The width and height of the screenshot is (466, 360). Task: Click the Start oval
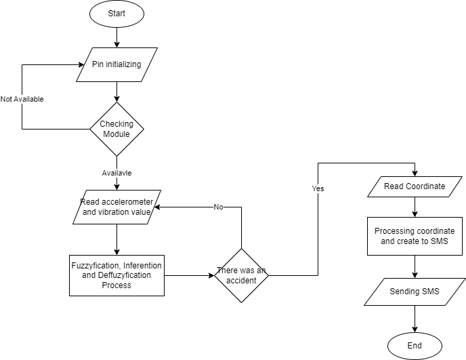tap(116, 14)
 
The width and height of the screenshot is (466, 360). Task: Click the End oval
tap(415, 346)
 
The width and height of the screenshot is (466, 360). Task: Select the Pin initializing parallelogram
tap(117, 64)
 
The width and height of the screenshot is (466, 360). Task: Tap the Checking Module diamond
tap(116, 129)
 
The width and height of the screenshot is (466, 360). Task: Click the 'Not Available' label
tap(22, 99)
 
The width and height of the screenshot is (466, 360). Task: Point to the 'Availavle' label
tap(116, 173)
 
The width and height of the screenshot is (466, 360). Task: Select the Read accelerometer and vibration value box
tap(116, 207)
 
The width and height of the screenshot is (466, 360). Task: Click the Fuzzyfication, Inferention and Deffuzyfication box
tap(116, 275)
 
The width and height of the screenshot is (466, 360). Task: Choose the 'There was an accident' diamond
tap(242, 275)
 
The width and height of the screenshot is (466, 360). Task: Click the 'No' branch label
tap(218, 207)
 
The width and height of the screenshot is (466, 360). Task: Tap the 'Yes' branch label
tap(318, 188)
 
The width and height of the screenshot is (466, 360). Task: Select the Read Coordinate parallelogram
tap(415, 187)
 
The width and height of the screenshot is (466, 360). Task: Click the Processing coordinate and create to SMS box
tap(415, 236)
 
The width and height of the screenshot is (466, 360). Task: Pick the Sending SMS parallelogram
tap(415, 292)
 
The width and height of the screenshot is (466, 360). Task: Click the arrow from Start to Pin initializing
tap(116, 37)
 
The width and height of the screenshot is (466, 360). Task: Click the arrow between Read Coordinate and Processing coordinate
tap(415, 207)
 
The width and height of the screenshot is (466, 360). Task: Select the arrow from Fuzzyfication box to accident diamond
tap(190, 275)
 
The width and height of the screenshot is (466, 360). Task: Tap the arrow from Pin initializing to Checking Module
tap(116, 92)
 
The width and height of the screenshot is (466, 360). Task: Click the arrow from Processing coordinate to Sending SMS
tap(415, 266)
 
